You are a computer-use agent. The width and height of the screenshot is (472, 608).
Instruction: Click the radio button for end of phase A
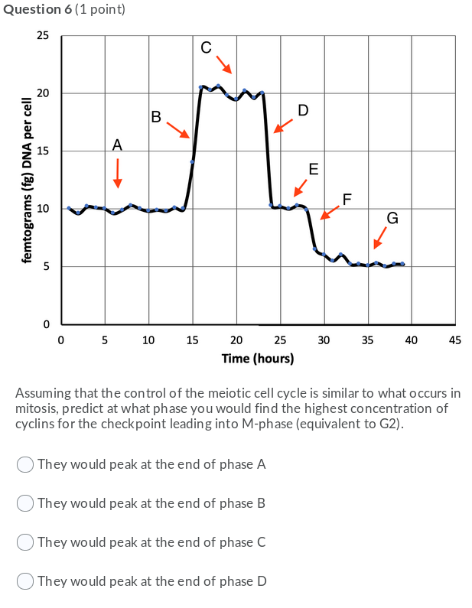[25, 464]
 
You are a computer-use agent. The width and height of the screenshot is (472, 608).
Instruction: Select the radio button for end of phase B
[25, 503]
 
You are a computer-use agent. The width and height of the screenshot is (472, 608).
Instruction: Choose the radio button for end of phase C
[25, 542]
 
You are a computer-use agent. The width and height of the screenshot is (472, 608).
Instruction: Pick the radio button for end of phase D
[25, 581]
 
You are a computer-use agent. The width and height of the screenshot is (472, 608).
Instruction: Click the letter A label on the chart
[117, 145]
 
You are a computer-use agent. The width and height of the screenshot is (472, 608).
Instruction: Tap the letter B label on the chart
[156, 117]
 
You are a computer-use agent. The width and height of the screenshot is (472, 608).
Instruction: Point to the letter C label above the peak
[206, 47]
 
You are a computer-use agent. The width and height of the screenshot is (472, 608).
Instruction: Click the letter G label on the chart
[392, 219]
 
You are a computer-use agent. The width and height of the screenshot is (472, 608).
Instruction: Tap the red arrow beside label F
[330, 212]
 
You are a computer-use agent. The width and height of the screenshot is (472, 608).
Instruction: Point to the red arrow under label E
[301, 187]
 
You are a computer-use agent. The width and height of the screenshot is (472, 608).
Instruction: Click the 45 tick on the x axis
[455, 340]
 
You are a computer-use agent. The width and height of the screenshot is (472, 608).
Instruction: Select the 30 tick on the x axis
[324, 340]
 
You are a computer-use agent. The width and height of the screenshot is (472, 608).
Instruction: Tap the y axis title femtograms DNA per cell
[28, 180]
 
